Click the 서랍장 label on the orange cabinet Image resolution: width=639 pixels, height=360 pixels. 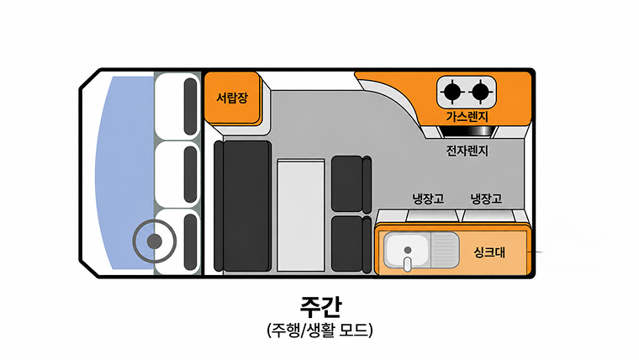pyautogui.click(x=232, y=98)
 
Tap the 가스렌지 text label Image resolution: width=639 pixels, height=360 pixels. pyautogui.click(x=467, y=117)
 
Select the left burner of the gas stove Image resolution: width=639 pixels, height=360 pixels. pyautogui.click(x=452, y=91)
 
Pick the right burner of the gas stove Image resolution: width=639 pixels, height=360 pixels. pyautogui.click(x=481, y=91)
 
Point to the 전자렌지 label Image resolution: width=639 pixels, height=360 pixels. pyautogui.click(x=467, y=151)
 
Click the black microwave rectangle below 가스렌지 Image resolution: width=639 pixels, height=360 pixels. pyautogui.click(x=467, y=131)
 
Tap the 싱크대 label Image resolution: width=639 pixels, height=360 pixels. pyautogui.click(x=489, y=252)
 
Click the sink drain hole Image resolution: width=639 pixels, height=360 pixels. pyautogui.click(x=408, y=250)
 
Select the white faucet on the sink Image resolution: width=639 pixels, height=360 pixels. pyautogui.click(x=408, y=264)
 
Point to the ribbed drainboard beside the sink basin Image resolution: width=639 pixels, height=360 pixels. pyautogui.click(x=445, y=251)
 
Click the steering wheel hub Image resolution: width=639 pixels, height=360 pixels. pyautogui.click(x=154, y=241)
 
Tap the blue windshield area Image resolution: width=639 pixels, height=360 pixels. pyautogui.click(x=124, y=172)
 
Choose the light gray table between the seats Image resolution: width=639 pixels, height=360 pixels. pyautogui.click(x=301, y=215)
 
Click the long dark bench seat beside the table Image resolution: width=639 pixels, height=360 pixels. pyautogui.click(x=246, y=206)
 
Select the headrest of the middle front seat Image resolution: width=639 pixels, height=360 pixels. pyautogui.click(x=190, y=174)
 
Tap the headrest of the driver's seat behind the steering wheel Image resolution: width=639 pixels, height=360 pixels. pyautogui.click(x=190, y=241)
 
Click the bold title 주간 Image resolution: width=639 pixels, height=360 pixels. pyautogui.click(x=320, y=307)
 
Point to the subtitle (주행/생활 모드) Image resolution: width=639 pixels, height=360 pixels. pyautogui.click(x=319, y=330)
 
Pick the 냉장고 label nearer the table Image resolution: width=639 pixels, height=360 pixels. pyautogui.click(x=428, y=199)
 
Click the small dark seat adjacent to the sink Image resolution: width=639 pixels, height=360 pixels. pyautogui.click(x=351, y=244)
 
